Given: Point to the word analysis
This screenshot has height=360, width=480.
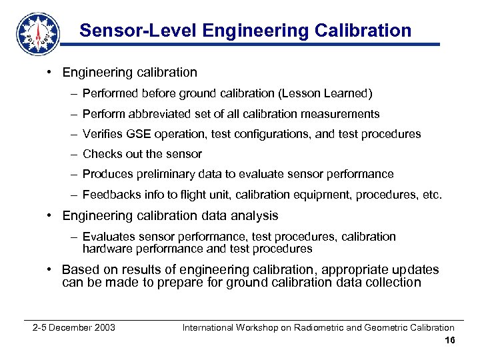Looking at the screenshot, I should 253,215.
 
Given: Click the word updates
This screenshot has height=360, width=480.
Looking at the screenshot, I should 416,270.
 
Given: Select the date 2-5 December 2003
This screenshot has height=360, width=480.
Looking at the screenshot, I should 74,327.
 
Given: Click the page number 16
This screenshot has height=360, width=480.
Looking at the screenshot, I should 449,341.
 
